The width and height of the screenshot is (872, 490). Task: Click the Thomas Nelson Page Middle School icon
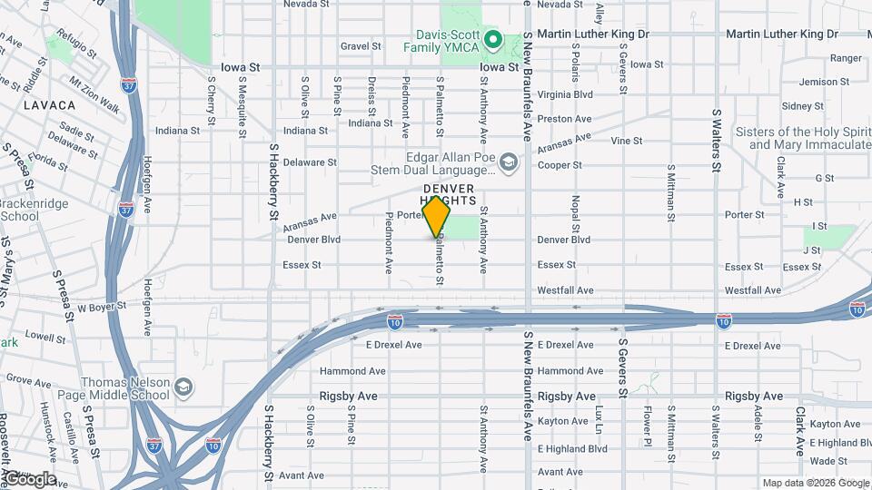184,387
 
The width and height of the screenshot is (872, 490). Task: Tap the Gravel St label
361,46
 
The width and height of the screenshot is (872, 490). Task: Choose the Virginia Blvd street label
565,93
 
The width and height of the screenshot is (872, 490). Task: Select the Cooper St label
559,165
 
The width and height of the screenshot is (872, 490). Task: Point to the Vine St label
627,141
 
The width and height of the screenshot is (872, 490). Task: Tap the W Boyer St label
100,309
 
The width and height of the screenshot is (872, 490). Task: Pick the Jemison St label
824,82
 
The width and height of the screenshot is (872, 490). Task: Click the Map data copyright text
814,483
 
